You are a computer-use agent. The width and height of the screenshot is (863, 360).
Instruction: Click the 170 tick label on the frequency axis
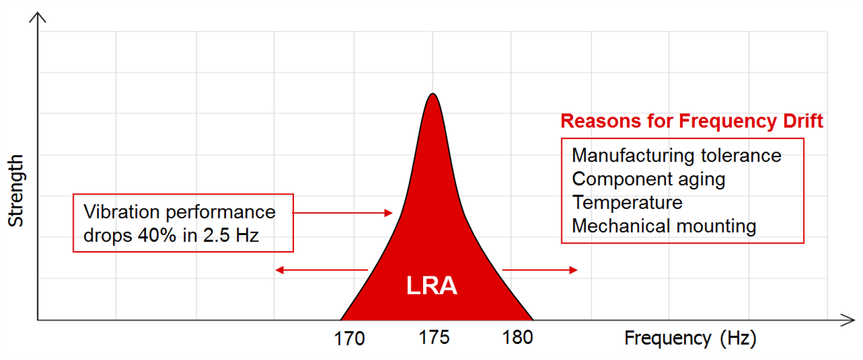(349, 338)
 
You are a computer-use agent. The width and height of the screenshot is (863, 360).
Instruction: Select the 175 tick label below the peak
(434, 337)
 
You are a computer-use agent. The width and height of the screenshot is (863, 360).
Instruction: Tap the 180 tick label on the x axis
(518, 337)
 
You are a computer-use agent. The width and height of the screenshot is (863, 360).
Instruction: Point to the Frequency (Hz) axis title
(690, 338)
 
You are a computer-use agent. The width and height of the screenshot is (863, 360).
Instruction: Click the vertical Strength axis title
(16, 190)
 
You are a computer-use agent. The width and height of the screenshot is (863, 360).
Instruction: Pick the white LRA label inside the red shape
(431, 286)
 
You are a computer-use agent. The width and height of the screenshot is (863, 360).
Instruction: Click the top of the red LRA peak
(433, 95)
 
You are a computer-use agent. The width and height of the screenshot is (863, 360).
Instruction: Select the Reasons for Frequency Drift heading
(691, 121)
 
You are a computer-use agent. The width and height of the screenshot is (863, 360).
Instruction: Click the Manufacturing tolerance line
(676, 155)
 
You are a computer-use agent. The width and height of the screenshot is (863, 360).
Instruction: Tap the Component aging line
(648, 179)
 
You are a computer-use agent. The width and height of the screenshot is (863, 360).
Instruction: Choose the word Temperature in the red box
(627, 203)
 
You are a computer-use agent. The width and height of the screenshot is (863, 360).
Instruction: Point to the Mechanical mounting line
(664, 226)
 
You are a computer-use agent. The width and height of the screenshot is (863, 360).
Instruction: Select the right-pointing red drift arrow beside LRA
(540, 269)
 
